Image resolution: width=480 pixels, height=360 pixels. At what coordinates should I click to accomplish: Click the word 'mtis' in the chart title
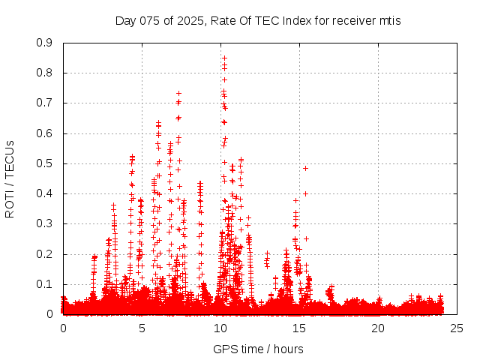[x=388, y=20]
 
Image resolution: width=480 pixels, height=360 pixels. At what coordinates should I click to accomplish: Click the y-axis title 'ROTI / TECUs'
[x=10, y=178]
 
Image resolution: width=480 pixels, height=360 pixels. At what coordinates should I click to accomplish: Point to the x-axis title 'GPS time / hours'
[x=258, y=349]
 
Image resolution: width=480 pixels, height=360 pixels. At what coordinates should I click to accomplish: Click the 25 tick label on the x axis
[x=457, y=328]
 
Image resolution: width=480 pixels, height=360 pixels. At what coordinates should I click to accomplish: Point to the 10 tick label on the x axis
[x=220, y=328]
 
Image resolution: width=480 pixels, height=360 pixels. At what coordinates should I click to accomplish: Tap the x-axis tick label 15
[x=299, y=328]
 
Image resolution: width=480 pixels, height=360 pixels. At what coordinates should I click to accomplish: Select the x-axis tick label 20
[x=378, y=328]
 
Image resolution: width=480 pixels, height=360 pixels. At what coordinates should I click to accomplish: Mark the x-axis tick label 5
[x=142, y=328]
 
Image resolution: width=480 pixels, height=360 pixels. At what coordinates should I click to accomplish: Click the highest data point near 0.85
[x=223, y=58]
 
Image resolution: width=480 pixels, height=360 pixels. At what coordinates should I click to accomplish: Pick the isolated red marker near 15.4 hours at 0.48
[x=305, y=168]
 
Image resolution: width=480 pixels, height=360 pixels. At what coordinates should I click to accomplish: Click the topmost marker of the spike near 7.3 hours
[x=178, y=93]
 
